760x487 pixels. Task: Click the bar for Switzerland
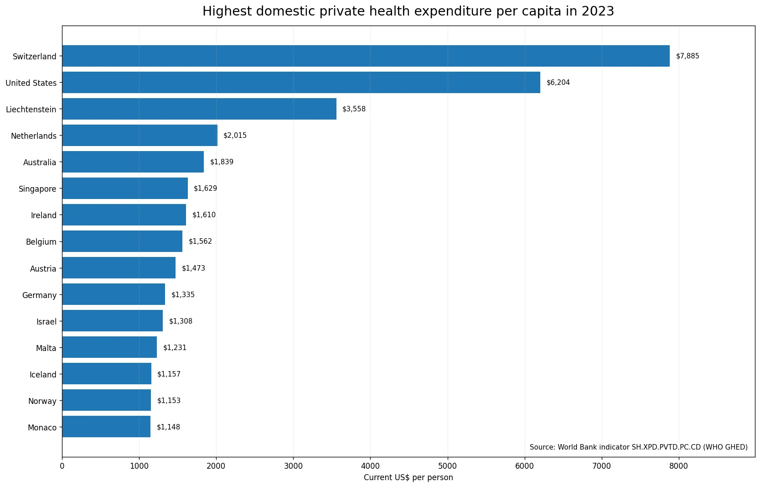366,56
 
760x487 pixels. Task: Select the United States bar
301,83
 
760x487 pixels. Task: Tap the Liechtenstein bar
200,109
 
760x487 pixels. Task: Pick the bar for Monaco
107,427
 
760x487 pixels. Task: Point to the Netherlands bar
140,136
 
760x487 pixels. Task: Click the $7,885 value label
688,56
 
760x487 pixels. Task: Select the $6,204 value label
558,83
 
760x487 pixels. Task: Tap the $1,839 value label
222,162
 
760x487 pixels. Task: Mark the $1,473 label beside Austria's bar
193,268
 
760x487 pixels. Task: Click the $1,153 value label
169,400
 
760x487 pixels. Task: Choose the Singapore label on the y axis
38,189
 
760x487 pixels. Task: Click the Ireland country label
44,215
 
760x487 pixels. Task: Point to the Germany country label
39,295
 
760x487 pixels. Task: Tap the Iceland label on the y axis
43,375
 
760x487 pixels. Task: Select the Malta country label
46,348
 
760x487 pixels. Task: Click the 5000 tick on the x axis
448,466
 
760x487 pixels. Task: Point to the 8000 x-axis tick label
679,466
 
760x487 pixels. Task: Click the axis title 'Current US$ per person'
408,477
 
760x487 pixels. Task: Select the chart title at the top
408,11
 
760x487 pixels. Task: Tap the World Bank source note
639,447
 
